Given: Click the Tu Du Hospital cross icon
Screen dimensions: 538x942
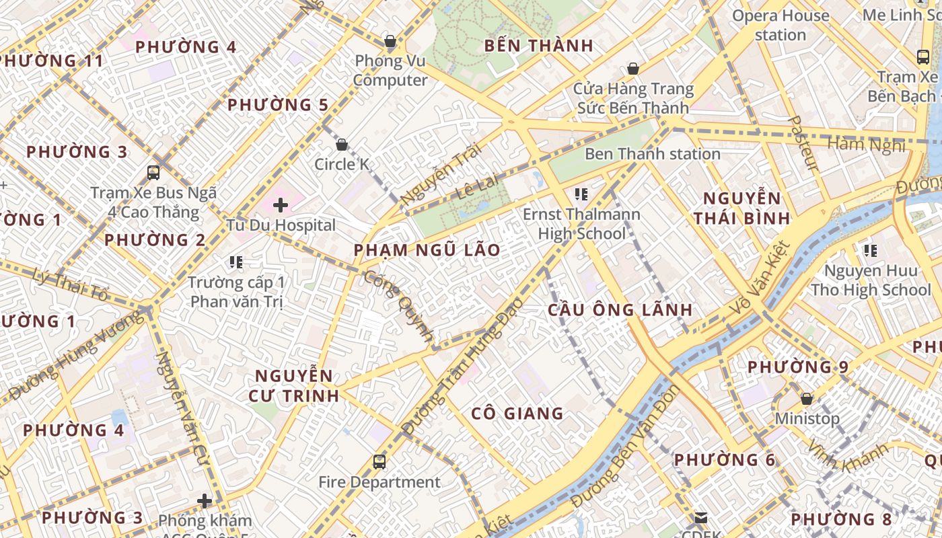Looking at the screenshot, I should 281,204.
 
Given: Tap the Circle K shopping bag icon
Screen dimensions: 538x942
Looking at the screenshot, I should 342,145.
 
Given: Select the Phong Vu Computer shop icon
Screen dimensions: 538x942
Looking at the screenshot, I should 390,42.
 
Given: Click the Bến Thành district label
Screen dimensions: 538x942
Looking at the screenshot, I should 539,46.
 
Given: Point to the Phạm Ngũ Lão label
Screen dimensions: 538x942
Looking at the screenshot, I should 427,250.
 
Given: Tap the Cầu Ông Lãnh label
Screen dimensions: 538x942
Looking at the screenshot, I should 620,309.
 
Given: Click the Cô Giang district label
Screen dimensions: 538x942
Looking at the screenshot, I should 517,413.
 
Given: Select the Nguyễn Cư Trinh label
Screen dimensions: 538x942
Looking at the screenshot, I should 293,385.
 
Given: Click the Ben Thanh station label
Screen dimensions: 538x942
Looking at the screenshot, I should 652,154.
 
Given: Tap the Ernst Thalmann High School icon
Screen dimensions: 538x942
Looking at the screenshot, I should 581,195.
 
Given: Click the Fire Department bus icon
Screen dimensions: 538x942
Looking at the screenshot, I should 379,462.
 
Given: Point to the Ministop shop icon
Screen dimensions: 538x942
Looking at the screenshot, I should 807,399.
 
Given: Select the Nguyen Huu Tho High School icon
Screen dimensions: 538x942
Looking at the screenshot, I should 871,252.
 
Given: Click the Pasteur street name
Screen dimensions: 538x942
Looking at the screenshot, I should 803,143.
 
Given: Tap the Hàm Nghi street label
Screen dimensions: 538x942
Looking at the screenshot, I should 866,145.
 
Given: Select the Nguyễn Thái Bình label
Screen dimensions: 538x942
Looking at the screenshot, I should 741,208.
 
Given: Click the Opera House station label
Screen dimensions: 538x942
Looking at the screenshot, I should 781,25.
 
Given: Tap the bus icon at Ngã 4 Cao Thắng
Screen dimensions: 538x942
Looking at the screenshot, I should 153,173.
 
